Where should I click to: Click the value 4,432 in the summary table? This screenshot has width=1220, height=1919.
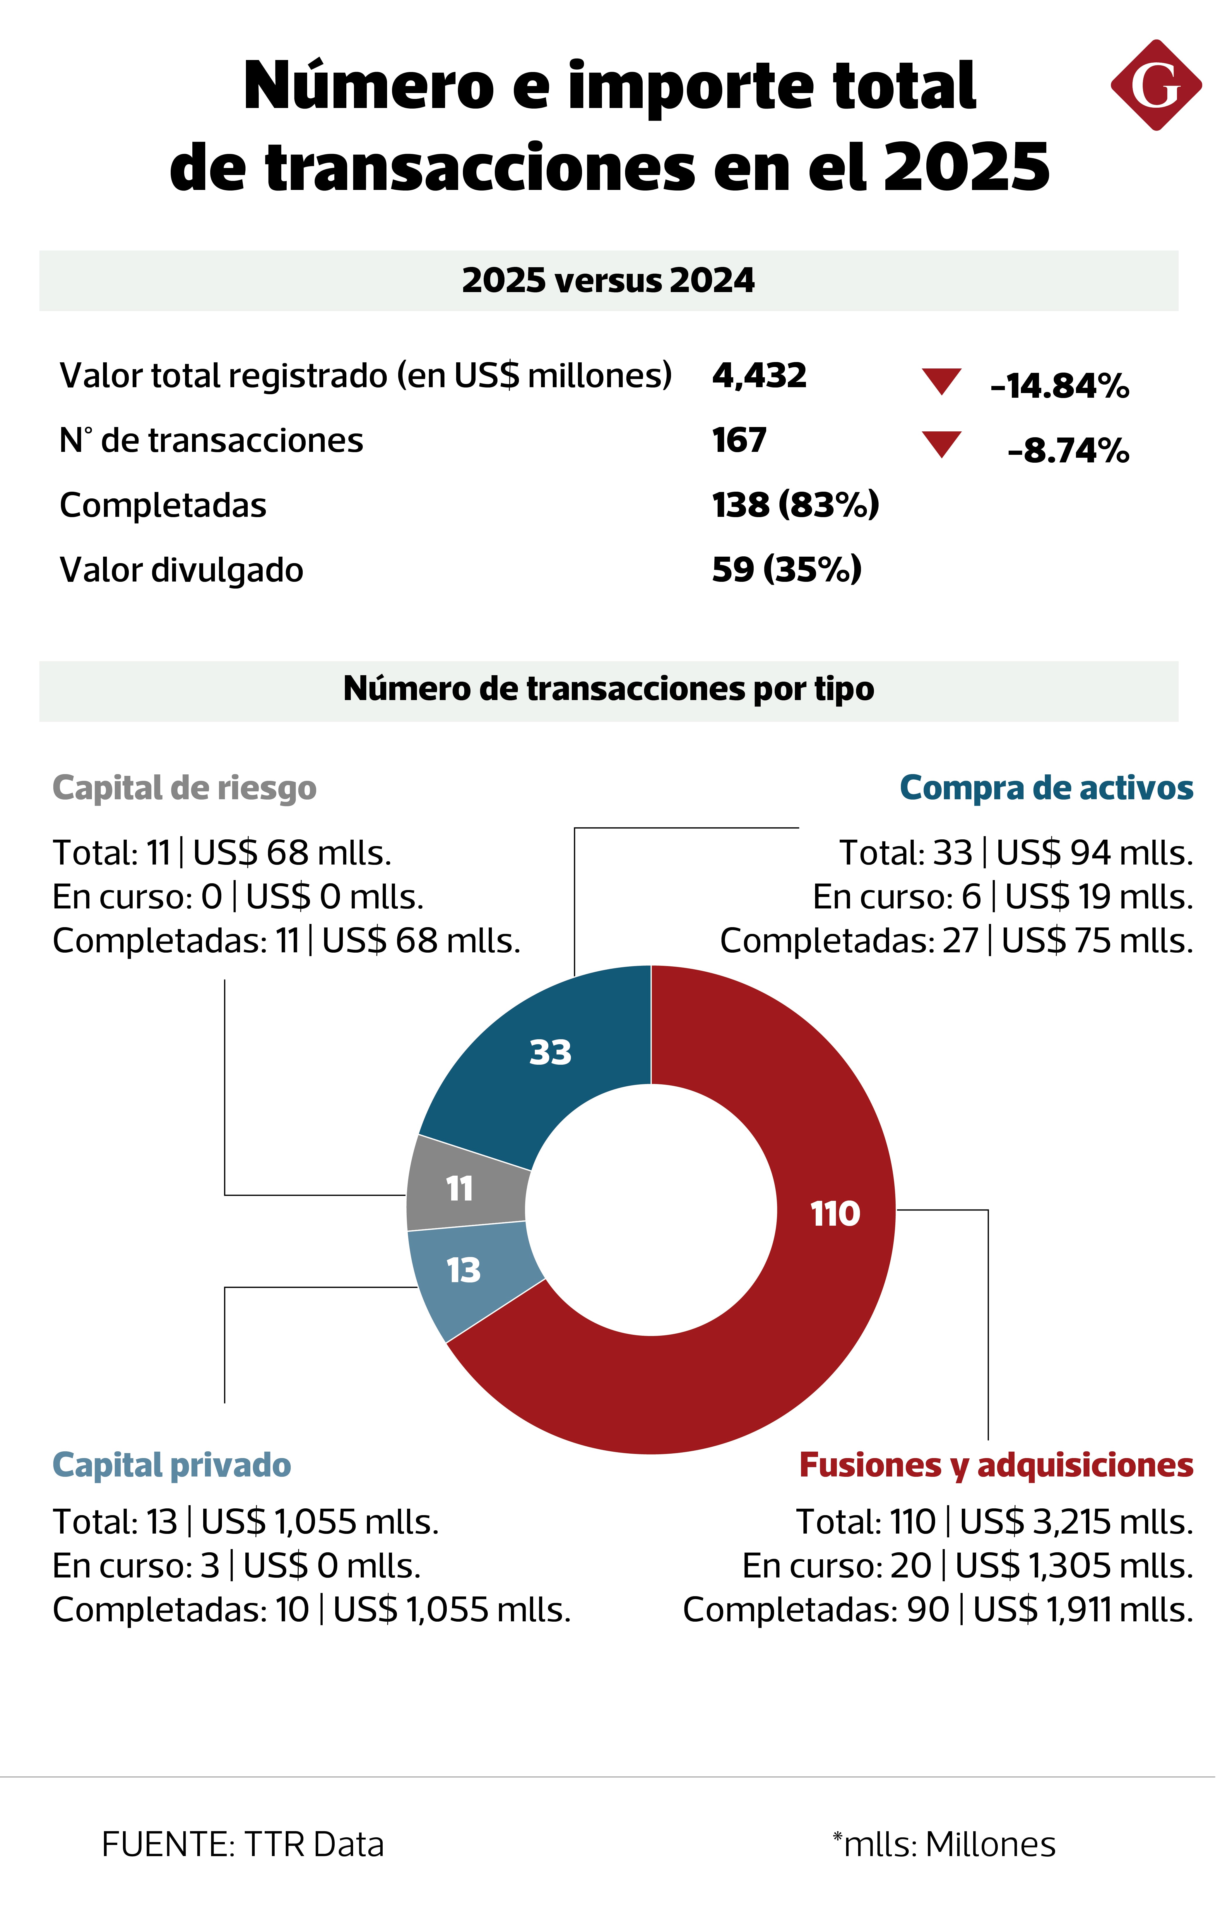click(x=759, y=375)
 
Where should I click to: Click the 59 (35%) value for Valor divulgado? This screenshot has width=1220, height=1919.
click(x=786, y=569)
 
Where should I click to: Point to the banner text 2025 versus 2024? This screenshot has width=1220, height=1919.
click(x=608, y=280)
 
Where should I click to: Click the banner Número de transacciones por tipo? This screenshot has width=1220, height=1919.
click(x=608, y=689)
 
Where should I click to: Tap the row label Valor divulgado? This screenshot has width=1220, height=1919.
click(x=182, y=570)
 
